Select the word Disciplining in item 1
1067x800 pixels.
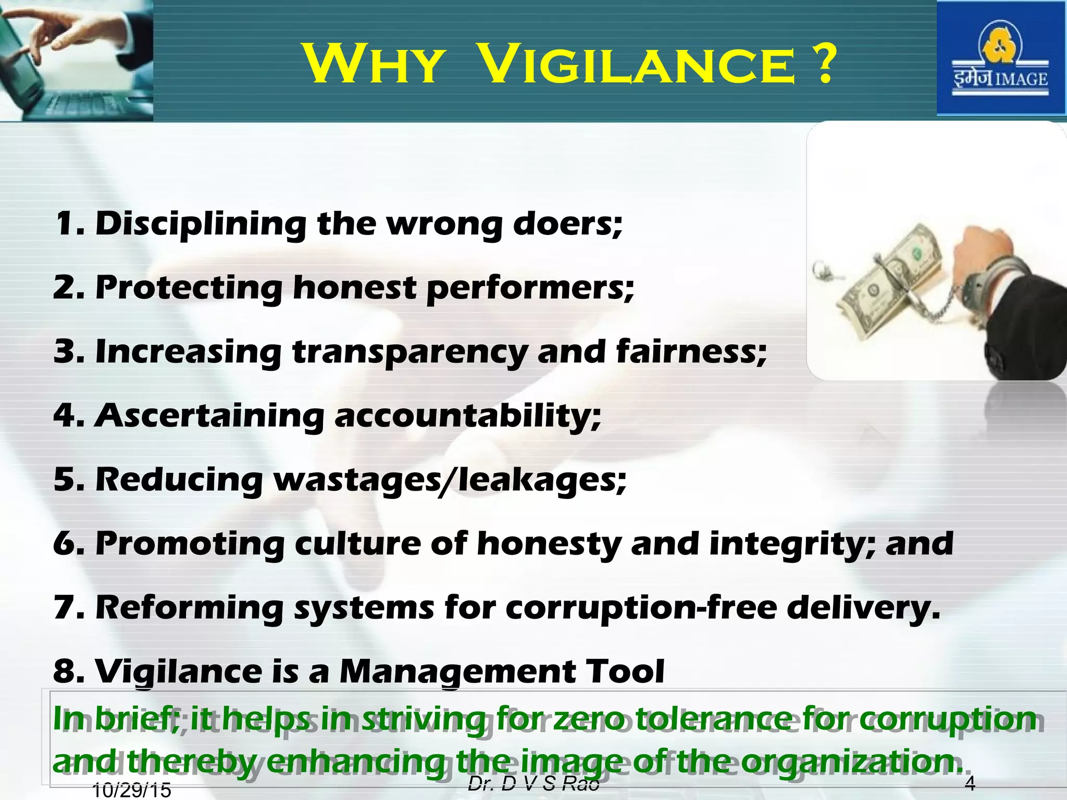tap(201, 224)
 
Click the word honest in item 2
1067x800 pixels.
tap(354, 287)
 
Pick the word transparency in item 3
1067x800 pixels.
tap(410, 353)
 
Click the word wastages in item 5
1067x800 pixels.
tap(356, 480)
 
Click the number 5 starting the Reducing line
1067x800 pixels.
tap(66, 480)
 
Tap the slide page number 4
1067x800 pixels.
tap(970, 783)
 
